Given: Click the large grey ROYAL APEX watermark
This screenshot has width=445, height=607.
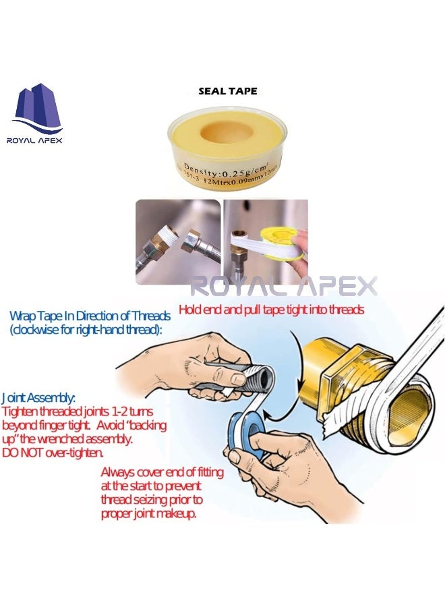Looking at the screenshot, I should pos(283,285).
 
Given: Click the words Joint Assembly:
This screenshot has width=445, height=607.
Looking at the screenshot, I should pos(38,399).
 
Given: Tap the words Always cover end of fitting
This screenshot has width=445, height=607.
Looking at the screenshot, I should pos(162,473).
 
